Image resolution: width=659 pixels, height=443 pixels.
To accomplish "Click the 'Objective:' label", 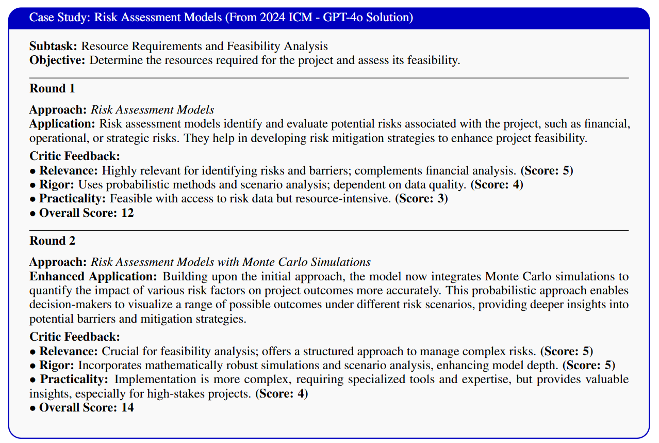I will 58,60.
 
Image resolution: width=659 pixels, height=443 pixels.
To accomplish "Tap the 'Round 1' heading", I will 52,88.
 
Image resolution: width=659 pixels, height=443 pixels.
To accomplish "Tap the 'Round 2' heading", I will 52,241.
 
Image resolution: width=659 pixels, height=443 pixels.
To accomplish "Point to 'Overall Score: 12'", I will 86,212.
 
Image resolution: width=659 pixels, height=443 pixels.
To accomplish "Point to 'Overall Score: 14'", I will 86,407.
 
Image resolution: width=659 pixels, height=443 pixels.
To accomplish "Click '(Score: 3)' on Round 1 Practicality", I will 421,199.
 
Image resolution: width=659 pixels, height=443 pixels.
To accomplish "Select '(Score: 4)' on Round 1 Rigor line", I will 497,184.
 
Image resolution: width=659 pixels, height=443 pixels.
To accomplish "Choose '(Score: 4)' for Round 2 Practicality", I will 282,394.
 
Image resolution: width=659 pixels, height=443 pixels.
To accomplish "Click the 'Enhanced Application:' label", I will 94,276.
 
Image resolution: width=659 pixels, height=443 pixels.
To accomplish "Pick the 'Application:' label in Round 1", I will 62,124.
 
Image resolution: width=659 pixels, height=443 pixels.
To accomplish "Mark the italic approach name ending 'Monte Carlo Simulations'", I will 230,262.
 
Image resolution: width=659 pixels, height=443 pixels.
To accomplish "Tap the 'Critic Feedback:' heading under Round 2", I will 74,337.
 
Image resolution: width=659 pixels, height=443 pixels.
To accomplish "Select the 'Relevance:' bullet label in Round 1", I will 69,170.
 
